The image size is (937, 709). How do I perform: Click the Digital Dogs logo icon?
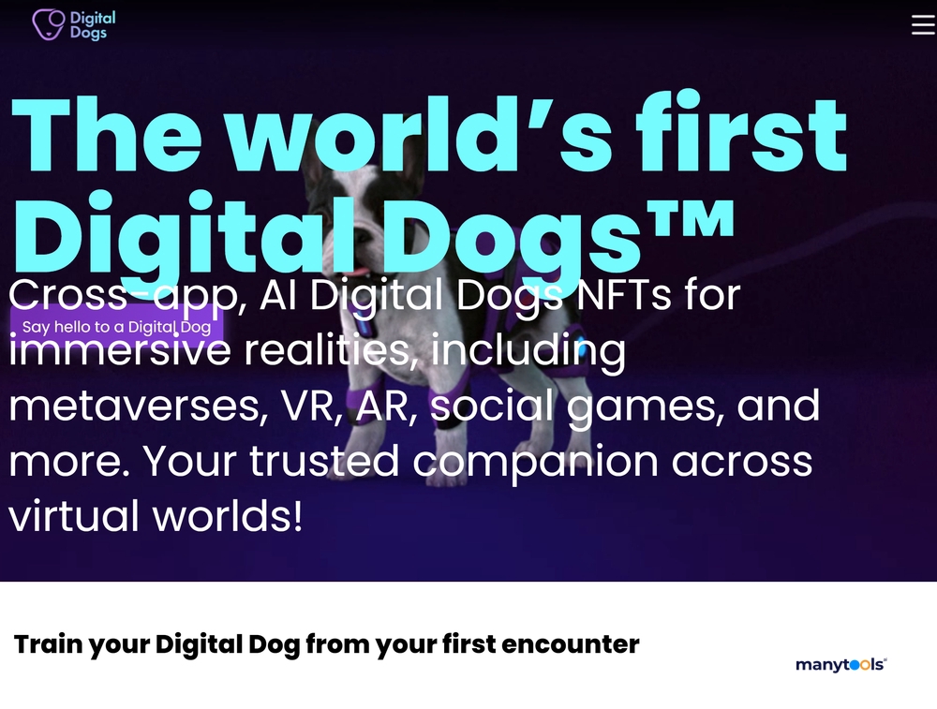(x=48, y=24)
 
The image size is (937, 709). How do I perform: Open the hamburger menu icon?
(x=923, y=24)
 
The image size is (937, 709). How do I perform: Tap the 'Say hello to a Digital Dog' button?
(x=116, y=327)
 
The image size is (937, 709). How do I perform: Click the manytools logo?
(x=840, y=665)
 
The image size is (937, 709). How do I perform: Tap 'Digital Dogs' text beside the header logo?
(x=92, y=25)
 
